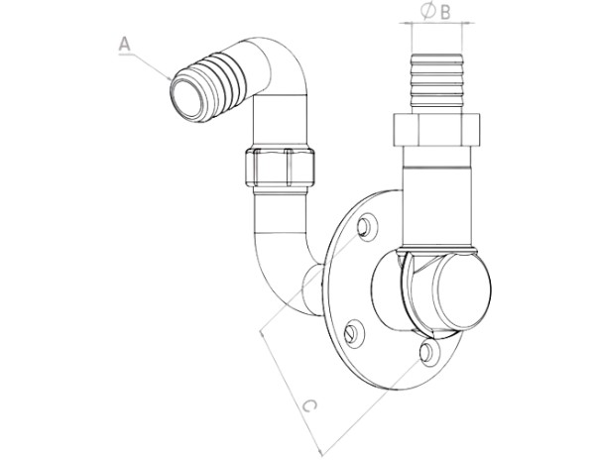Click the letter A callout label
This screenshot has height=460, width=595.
pyautogui.click(x=125, y=44)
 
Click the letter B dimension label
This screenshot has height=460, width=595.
pyautogui.click(x=445, y=12)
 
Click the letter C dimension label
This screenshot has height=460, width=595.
pyautogui.click(x=309, y=405)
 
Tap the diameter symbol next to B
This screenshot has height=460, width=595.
pyautogui.click(x=427, y=11)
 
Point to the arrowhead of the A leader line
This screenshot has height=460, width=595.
pyautogui.click(x=170, y=78)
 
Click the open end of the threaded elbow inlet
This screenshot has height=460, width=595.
pyautogui.click(x=186, y=98)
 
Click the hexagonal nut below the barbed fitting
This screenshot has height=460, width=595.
pyautogui.click(x=436, y=130)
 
